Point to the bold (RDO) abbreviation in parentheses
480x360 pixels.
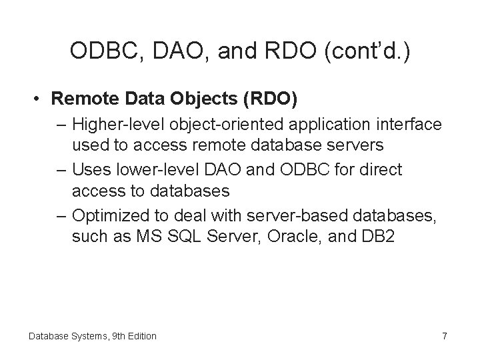(x=273, y=99)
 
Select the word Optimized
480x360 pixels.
(x=109, y=215)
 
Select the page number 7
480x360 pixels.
(x=444, y=336)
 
